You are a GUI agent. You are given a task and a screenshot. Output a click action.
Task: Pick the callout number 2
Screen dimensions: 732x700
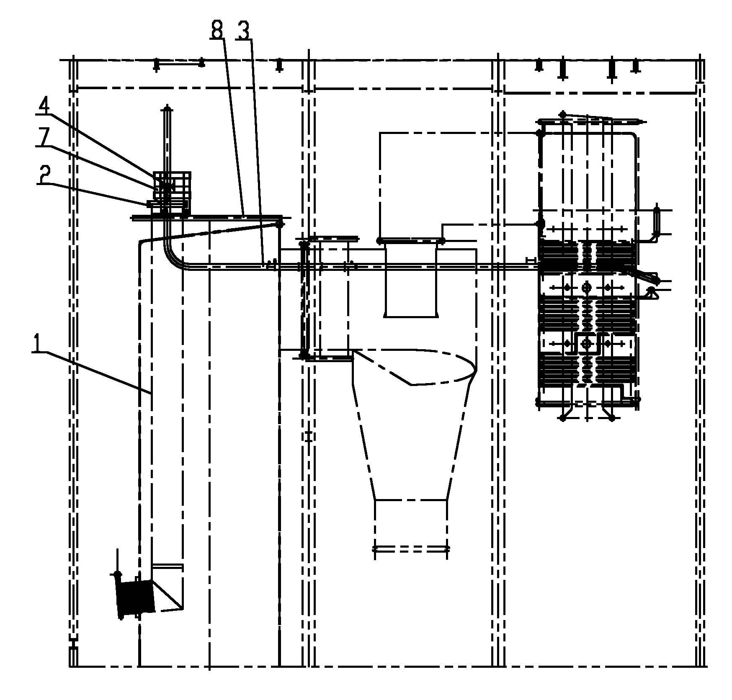(x=44, y=175)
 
